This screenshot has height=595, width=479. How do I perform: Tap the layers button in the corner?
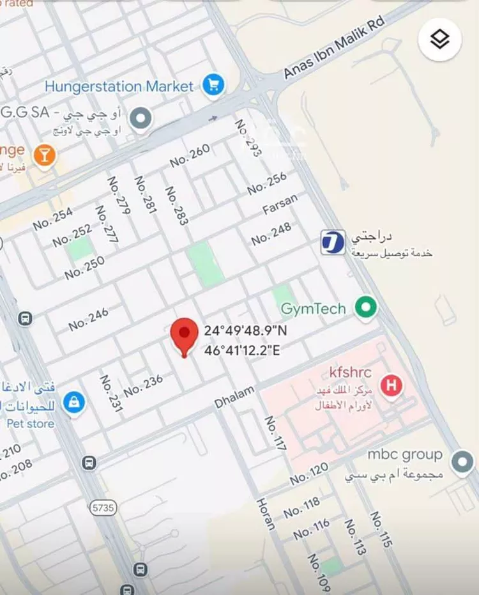click(x=439, y=40)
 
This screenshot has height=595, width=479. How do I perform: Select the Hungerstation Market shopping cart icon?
click(x=212, y=85)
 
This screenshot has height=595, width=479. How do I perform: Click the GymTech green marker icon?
click(x=366, y=307)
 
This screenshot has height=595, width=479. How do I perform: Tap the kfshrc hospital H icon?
click(x=391, y=385)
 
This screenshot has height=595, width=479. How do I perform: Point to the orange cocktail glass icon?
click(x=44, y=154)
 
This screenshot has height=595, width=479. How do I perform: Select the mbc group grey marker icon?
click(x=462, y=461)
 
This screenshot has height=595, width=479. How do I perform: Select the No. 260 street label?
click(x=190, y=156)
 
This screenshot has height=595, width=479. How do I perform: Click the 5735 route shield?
click(x=103, y=507)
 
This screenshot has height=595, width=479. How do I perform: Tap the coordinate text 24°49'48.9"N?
click(x=246, y=331)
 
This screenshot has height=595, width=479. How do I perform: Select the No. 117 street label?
click(x=275, y=434)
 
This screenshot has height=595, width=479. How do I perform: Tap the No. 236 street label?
click(x=143, y=385)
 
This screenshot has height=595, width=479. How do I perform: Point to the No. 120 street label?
click(x=309, y=474)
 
